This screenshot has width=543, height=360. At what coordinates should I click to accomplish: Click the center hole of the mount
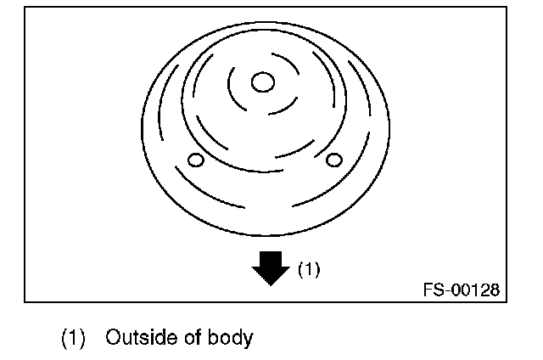[x=263, y=82]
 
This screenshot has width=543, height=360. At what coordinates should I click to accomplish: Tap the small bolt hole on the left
[x=195, y=160]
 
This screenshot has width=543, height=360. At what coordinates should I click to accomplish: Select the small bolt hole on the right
[x=333, y=159]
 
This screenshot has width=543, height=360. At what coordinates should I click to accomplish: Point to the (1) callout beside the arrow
[x=308, y=269]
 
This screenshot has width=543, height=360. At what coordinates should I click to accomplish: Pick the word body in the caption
[x=229, y=338]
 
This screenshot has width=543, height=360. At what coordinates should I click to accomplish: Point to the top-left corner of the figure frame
[x=25, y=8]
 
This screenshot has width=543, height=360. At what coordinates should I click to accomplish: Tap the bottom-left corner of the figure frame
[x=25, y=301]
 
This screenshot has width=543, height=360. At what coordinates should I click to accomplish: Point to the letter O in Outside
[x=112, y=338]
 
